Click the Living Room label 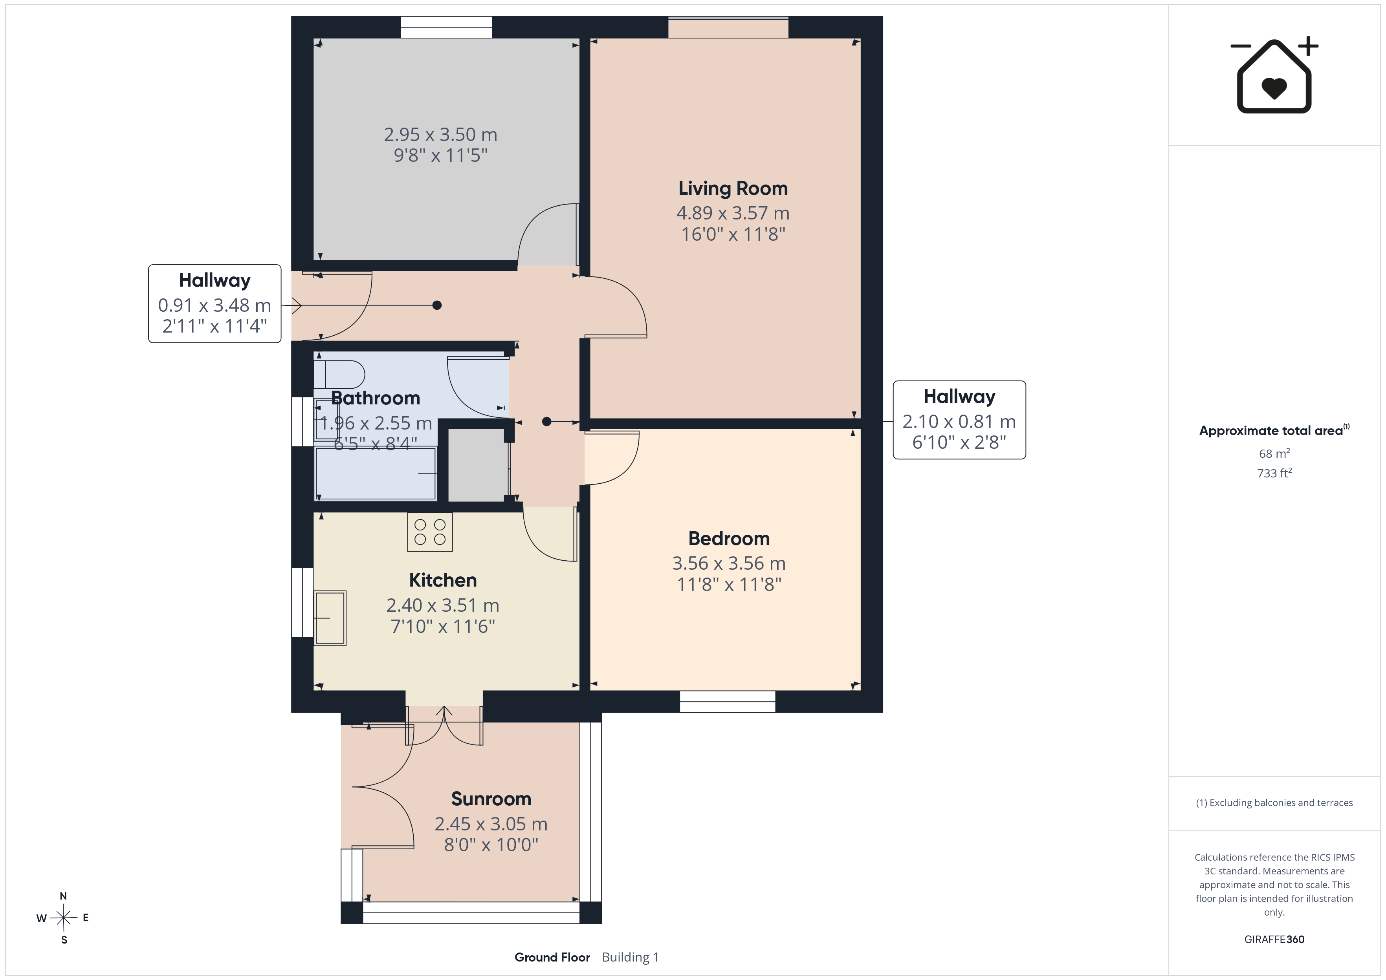pyautogui.click(x=733, y=188)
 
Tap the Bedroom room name pyautogui.click(x=729, y=538)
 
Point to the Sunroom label pyautogui.click(x=491, y=799)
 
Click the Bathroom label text pyautogui.click(x=376, y=398)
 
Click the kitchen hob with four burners pyautogui.click(x=430, y=532)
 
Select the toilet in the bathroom pyautogui.click(x=339, y=374)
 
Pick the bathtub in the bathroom pyautogui.click(x=376, y=473)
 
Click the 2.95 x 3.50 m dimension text pyautogui.click(x=441, y=135)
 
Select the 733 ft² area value pyautogui.click(x=1274, y=473)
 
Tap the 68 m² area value pyautogui.click(x=1274, y=453)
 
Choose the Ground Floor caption pyautogui.click(x=552, y=958)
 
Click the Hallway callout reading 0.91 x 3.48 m pyautogui.click(x=215, y=304)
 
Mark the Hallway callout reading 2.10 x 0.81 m pyautogui.click(x=959, y=420)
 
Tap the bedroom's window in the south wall pyautogui.click(x=728, y=701)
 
